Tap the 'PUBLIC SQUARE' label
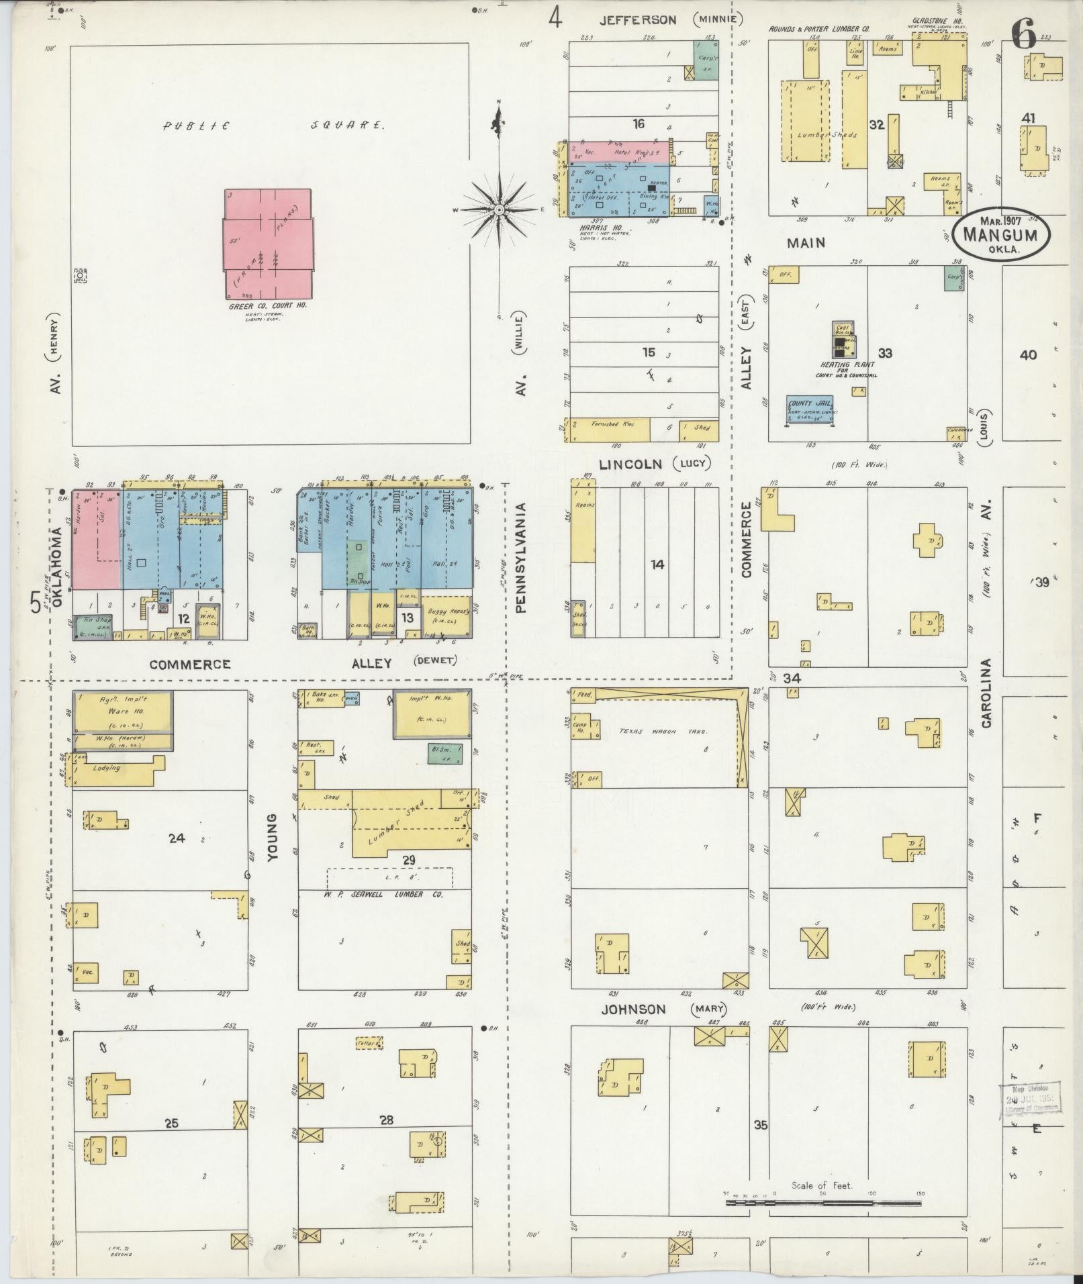pos(275,125)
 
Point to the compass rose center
pos(500,210)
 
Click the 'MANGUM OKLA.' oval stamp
pos(1000,234)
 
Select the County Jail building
pos(810,410)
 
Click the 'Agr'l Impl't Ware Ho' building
pos(123,713)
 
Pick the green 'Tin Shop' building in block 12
pos(93,625)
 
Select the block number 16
pos(638,124)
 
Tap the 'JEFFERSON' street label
pos(637,20)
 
